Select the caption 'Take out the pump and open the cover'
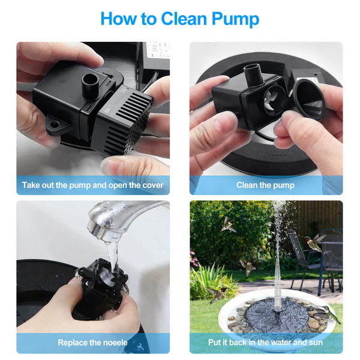click(93, 185)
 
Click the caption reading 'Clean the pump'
click(265, 185)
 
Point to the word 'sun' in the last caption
click(316, 343)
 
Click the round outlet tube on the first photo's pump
click(91, 86)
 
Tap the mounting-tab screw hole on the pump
click(55, 125)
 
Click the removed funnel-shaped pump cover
click(309, 99)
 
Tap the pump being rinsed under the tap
click(99, 289)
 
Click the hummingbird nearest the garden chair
click(314, 243)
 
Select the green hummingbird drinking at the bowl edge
click(331, 314)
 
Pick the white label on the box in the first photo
click(157, 50)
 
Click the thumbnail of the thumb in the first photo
click(112, 166)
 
